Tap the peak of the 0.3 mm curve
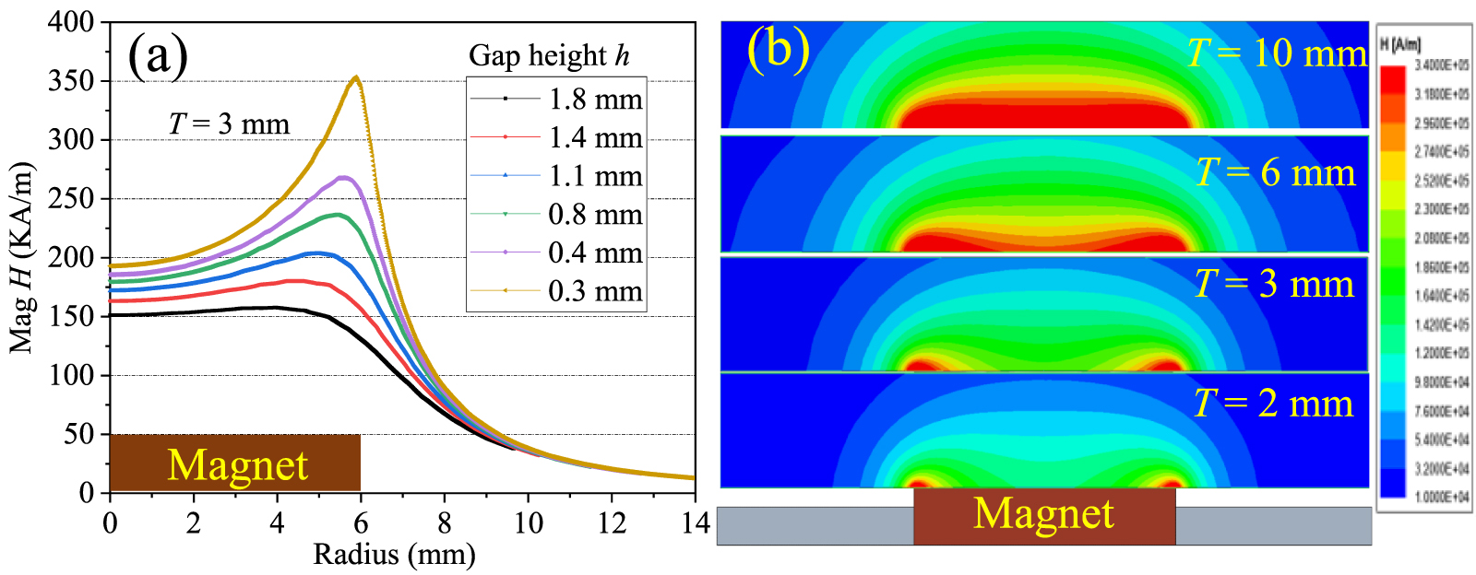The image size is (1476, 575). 356,77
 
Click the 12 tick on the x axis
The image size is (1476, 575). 612,523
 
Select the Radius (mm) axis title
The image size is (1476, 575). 395,555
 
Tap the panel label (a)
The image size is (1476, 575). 158,55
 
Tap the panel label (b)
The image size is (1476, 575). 778,47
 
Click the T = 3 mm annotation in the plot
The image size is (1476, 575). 229,123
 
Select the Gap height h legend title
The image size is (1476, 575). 549,55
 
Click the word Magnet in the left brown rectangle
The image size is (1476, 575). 237,464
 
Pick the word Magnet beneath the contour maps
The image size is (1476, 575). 1043,514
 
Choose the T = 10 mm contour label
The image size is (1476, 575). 1277,53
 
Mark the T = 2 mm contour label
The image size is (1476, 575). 1273,404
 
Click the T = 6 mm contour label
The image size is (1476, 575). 1275,172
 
